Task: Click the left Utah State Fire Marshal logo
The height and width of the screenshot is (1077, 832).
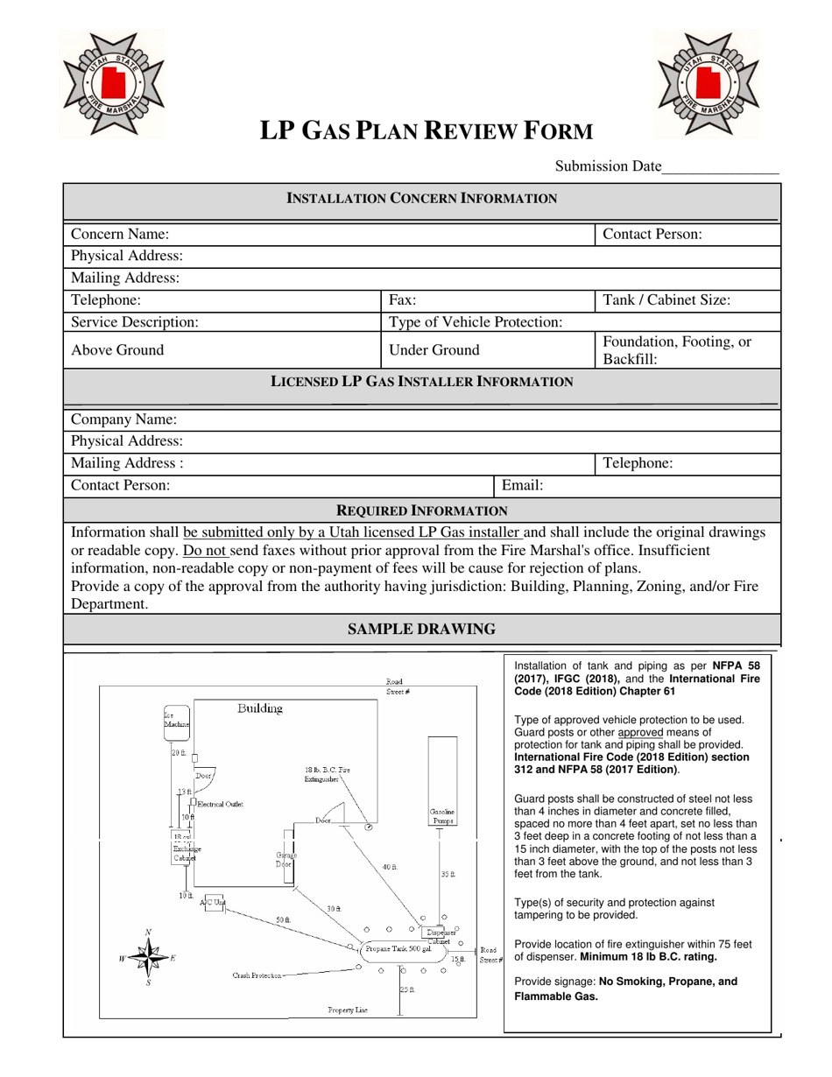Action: click(112, 84)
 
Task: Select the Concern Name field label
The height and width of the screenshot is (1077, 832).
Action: click(120, 234)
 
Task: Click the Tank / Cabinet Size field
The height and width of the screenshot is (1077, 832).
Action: click(687, 300)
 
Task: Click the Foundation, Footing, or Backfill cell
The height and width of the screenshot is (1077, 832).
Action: click(687, 350)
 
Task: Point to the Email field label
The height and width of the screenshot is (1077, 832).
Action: click(522, 484)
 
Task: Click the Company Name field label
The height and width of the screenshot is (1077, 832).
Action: click(123, 419)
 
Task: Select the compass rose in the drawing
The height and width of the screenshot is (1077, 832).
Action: click(149, 958)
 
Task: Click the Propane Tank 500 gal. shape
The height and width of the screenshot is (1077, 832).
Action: click(398, 949)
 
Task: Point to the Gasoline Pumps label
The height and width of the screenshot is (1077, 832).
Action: click(442, 816)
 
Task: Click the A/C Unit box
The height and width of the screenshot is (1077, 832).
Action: click(212, 903)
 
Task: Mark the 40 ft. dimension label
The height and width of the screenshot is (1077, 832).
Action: click(390, 867)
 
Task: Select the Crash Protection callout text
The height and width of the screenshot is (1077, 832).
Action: click(257, 975)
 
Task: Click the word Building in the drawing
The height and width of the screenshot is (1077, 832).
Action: click(260, 708)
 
